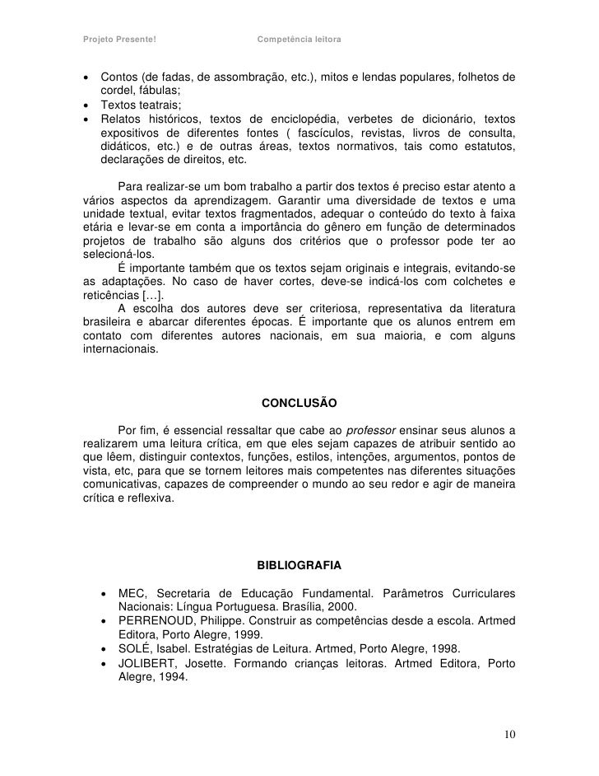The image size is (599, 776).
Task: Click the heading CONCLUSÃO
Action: (299, 404)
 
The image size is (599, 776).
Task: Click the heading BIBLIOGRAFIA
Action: (299, 567)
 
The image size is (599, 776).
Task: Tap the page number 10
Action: (508, 734)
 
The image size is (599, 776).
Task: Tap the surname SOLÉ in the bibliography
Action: (137, 648)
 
